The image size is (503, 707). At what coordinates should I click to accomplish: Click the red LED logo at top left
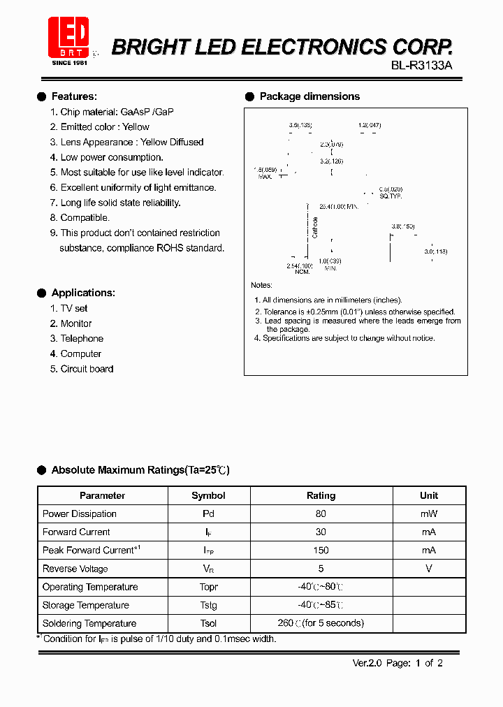tap(68, 36)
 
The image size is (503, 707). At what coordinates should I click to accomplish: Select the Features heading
tap(74, 96)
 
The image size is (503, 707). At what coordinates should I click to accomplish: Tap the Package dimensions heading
tap(309, 96)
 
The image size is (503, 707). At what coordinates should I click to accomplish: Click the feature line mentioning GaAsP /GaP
tap(117, 112)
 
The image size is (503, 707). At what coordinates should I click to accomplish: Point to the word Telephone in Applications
tap(82, 338)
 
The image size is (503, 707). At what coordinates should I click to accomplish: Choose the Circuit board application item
tap(87, 369)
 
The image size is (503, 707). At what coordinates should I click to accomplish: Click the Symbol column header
tap(208, 495)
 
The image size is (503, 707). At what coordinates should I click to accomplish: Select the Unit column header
tap(429, 495)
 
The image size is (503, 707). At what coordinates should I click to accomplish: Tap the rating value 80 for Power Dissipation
tap(321, 513)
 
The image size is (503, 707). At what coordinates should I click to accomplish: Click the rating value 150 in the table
tap(321, 550)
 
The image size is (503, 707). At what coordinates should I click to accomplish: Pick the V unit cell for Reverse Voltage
tap(429, 568)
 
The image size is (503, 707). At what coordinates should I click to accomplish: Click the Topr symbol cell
tap(208, 587)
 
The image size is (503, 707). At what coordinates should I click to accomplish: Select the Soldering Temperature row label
tap(89, 623)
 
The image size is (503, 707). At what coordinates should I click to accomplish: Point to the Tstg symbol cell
tap(208, 605)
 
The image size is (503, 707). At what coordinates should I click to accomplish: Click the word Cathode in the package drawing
tap(315, 227)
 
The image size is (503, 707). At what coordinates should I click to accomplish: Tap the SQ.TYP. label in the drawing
tap(391, 196)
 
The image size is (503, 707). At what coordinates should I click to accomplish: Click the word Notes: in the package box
tap(261, 285)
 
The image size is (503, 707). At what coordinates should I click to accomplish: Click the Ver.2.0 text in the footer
tap(365, 663)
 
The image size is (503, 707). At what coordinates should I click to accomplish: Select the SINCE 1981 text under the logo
tap(70, 63)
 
